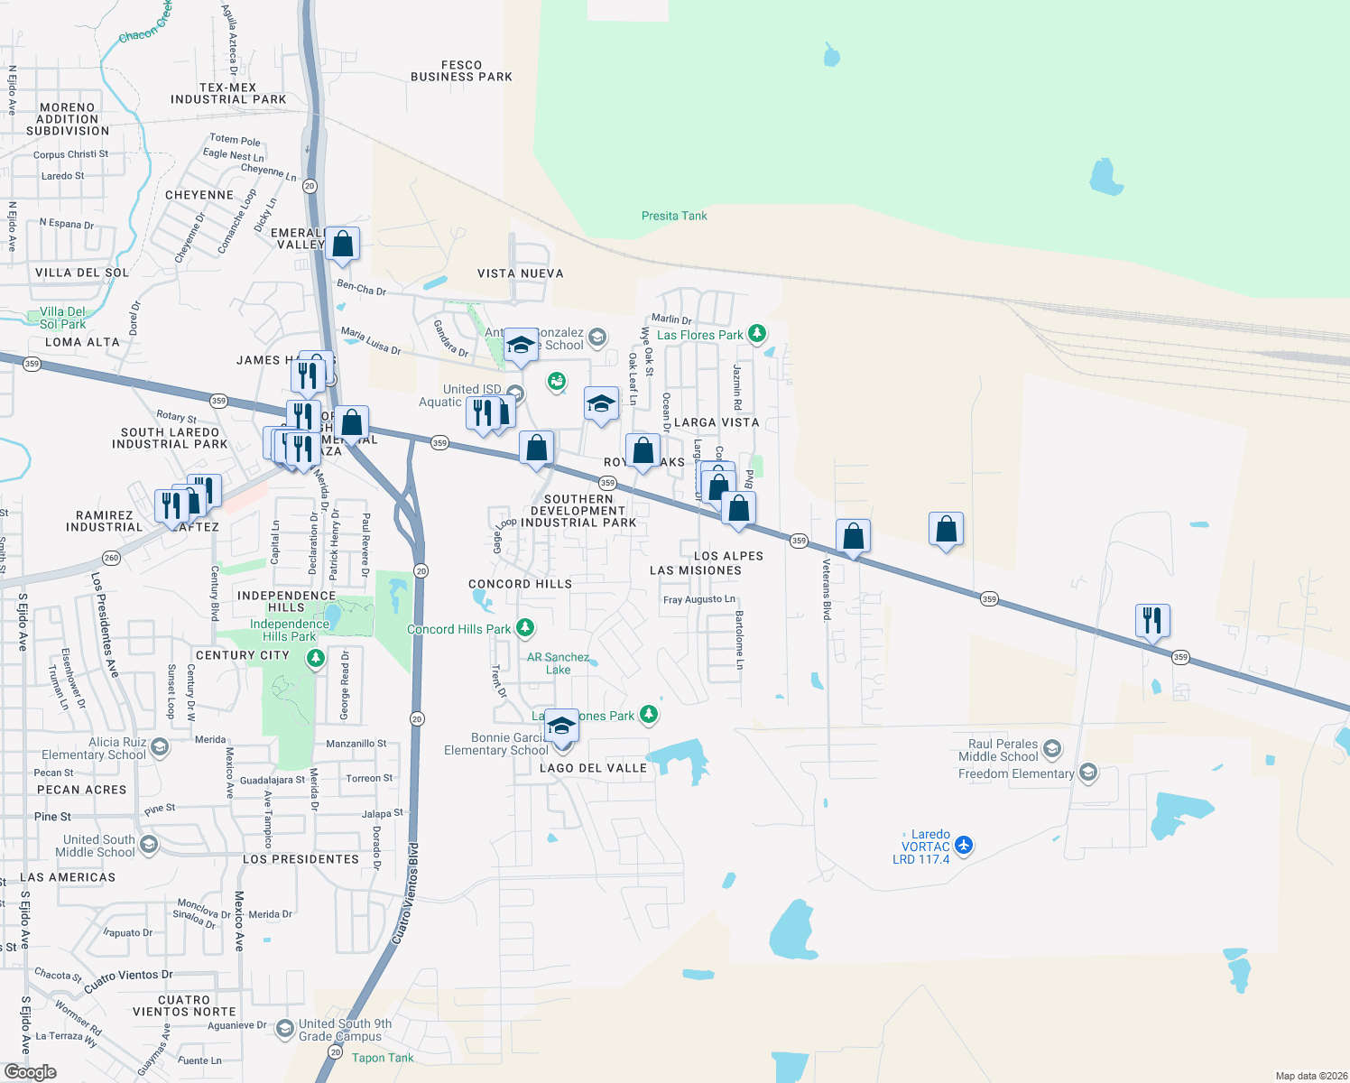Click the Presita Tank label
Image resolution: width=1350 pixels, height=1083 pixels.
pos(674,216)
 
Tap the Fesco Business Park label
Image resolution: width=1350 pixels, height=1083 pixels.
pos(461,71)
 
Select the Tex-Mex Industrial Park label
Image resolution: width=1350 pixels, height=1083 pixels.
pos(228,94)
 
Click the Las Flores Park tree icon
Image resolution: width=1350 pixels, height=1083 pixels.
pos(757,334)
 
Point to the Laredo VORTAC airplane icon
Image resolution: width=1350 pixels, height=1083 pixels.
pos(964,846)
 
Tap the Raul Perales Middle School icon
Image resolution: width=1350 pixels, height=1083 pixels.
pos(1052,749)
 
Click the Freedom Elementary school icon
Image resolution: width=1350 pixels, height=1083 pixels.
pos(1088,773)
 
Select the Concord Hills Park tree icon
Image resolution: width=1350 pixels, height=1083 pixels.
pos(525,628)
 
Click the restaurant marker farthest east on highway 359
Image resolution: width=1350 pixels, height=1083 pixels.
pos(1152,621)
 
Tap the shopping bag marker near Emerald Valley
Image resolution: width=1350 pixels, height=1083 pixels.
pos(342,244)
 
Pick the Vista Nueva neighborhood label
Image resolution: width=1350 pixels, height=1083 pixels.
pos(521,273)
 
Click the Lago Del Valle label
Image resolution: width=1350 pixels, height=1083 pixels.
pos(593,768)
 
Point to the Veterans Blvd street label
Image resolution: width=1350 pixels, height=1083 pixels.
pos(826,590)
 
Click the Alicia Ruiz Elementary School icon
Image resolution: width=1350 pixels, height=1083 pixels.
pos(160,747)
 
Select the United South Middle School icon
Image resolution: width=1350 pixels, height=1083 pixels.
pos(149,845)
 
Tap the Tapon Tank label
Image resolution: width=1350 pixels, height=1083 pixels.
pos(383,1058)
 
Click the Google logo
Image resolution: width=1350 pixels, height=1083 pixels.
pos(31,1072)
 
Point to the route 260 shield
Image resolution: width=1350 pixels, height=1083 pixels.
pos(111,558)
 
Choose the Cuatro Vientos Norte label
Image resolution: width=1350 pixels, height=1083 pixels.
pos(184,1005)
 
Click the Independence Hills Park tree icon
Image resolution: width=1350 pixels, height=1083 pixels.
pos(315,658)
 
